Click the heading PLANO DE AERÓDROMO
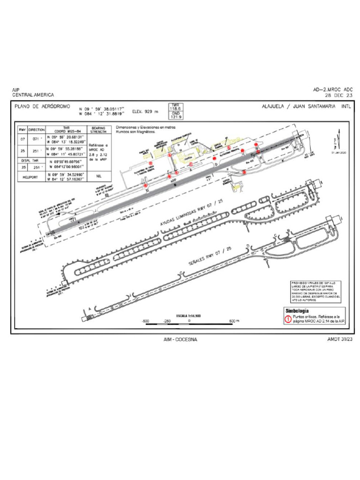pos(43,107)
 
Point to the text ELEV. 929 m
pos(146,112)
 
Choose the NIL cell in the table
pos(99,176)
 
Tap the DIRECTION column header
pos(37,129)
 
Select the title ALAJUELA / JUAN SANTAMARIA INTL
pos(307,106)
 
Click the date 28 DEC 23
pos(338,95)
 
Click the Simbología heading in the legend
pos(297,311)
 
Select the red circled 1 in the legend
pos(288,319)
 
